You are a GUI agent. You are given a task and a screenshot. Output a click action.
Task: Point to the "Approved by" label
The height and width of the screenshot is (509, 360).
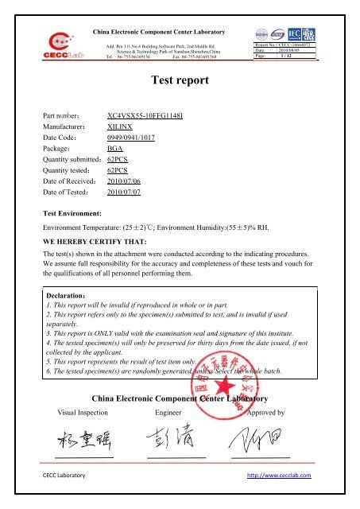271,414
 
